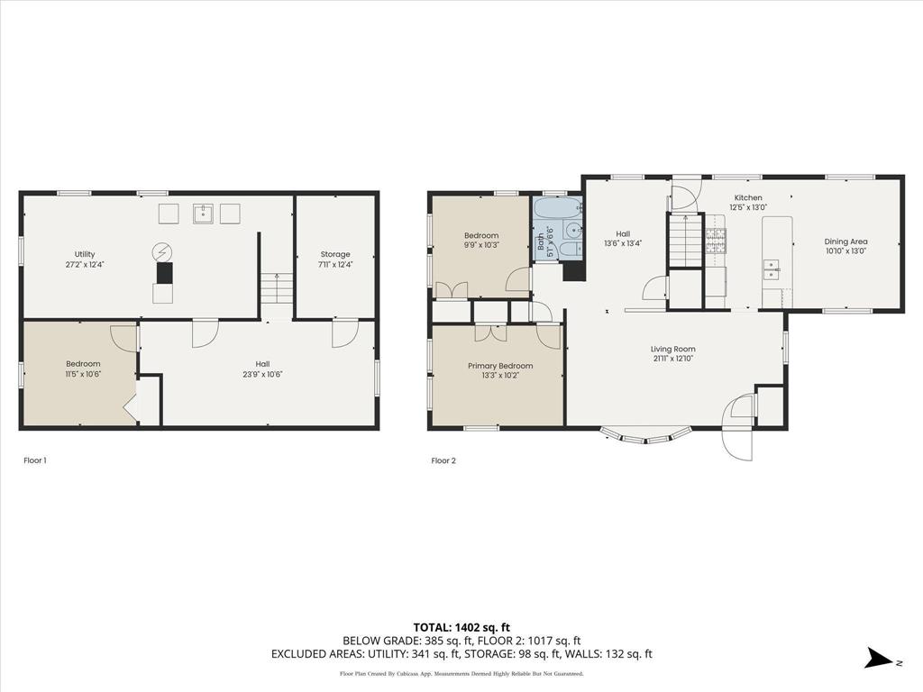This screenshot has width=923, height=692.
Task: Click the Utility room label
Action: click(x=85, y=254)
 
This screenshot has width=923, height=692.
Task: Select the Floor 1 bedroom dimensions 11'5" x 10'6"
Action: click(x=83, y=375)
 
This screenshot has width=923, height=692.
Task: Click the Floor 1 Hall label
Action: click(x=262, y=364)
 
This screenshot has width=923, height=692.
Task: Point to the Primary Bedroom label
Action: click(x=499, y=366)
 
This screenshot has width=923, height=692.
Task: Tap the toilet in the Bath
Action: click(x=570, y=250)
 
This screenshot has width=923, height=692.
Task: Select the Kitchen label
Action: click(x=747, y=197)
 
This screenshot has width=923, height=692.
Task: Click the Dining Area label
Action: click(x=845, y=241)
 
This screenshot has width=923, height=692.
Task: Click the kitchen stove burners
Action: click(x=715, y=239)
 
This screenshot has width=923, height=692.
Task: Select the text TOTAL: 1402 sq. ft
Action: click(x=461, y=627)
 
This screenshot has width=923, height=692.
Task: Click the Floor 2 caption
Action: click(x=443, y=460)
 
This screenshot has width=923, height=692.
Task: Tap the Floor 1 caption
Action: click(x=35, y=460)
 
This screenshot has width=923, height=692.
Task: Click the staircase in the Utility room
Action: click(x=277, y=290)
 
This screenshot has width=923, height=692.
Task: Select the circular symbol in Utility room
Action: click(x=163, y=250)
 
